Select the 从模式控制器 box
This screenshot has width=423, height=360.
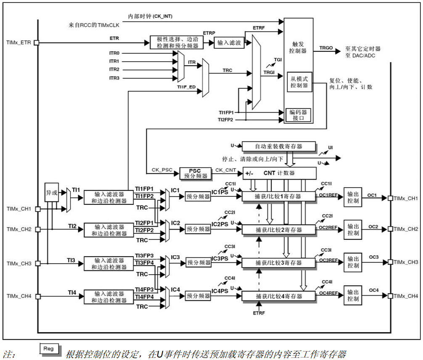tap(299, 82)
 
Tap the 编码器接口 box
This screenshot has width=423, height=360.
tap(298, 115)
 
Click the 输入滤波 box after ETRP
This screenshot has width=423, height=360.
tap(229, 42)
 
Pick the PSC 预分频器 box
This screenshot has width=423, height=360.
tap(195, 173)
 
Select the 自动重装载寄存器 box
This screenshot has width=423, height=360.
tap(278, 146)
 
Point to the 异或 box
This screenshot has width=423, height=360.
tap(51, 192)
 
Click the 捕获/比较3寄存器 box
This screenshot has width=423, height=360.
tap(278, 262)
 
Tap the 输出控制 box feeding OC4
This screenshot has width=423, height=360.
tap(353, 295)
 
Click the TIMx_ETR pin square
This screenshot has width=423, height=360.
tap(37, 42)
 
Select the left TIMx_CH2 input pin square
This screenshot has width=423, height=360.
tap(37, 229)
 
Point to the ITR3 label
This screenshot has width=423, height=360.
tap(114, 78)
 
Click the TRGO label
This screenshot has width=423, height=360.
tap(326, 48)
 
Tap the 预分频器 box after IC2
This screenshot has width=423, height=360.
tap(198, 229)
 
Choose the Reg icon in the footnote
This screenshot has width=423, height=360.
tap(49, 349)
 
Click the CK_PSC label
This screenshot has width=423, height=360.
tap(162, 170)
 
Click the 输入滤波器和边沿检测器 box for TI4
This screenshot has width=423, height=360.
tap(109, 297)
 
